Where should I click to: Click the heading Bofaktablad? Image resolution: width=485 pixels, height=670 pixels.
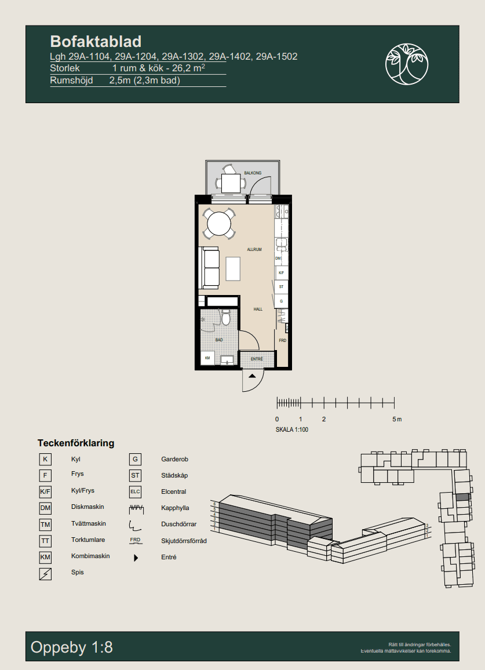point(96,41)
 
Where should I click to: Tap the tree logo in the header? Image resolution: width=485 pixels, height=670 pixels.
point(407,63)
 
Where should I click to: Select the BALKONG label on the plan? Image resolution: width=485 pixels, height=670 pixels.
point(253,173)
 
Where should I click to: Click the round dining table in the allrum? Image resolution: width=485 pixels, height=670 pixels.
point(219,224)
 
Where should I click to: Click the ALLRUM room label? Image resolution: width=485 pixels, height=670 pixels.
point(254,250)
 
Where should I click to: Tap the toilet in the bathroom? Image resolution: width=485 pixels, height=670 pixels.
point(226,318)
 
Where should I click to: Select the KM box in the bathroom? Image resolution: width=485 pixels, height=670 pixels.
point(207,359)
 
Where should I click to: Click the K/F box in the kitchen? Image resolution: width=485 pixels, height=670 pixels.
point(282,272)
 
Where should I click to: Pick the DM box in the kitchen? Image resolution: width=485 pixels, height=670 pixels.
point(278,258)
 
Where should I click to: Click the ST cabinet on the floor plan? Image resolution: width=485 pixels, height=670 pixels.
point(282,287)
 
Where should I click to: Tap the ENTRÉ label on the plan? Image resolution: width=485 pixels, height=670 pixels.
point(257,359)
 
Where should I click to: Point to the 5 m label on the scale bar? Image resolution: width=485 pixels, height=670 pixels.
point(396,419)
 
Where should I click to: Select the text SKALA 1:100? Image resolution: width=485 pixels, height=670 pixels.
point(292,430)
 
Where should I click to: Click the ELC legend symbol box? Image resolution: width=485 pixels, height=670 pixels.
point(135,492)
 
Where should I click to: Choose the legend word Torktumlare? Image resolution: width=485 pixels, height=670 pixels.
point(87,540)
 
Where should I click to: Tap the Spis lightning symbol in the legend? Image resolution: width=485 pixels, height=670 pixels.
point(45,574)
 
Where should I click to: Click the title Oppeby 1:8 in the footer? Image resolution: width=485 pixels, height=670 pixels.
point(72,647)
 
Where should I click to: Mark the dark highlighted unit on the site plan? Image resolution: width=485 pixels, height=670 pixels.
point(462,497)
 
